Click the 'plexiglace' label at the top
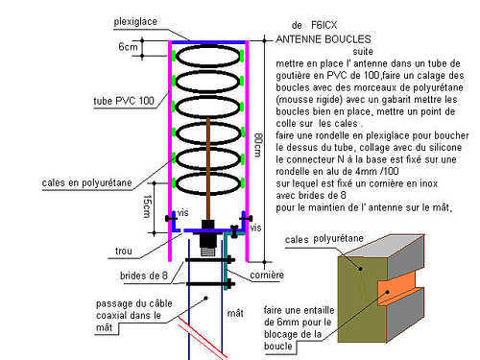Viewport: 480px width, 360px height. [x=135, y=22]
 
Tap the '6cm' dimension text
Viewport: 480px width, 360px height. [x=128, y=47]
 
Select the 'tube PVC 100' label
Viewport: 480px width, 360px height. [x=124, y=101]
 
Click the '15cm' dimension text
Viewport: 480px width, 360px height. [x=147, y=206]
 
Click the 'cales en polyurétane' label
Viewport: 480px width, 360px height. [x=86, y=182]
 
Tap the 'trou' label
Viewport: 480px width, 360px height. [x=124, y=251]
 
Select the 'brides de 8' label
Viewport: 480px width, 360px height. [x=144, y=276]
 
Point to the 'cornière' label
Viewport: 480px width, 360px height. [x=267, y=275]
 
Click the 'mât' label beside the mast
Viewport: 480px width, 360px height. [x=235, y=313]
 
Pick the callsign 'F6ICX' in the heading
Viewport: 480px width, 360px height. [x=324, y=25]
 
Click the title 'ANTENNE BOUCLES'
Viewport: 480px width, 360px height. [x=324, y=39]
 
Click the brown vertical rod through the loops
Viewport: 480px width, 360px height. [x=208, y=170]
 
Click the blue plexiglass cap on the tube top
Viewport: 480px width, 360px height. [x=208, y=42]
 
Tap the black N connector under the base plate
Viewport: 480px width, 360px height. [x=208, y=242]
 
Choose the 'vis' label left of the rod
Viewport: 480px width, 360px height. [x=183, y=213]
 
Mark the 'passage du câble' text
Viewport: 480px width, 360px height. [x=134, y=303]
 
